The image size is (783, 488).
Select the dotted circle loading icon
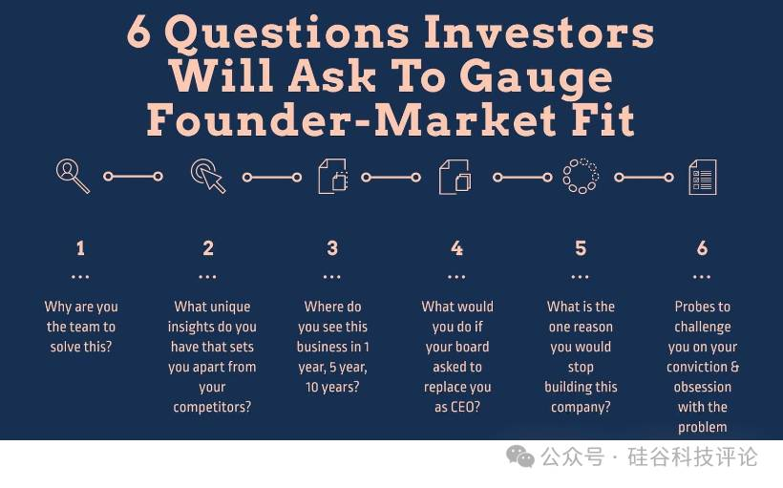(x=581, y=176)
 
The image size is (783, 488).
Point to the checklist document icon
(x=703, y=177)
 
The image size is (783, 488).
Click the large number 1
(x=80, y=247)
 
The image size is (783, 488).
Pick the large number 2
(x=208, y=247)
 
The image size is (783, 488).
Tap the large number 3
(x=332, y=247)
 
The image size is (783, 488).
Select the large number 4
(x=457, y=247)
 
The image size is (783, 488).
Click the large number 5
(x=581, y=247)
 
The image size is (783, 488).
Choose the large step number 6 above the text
(x=702, y=247)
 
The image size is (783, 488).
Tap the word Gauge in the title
(x=536, y=77)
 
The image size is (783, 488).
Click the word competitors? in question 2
(x=212, y=407)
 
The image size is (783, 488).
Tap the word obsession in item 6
(x=703, y=387)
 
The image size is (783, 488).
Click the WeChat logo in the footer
(x=520, y=456)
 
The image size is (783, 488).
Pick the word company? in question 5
(x=581, y=407)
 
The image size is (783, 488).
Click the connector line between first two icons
(x=133, y=177)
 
